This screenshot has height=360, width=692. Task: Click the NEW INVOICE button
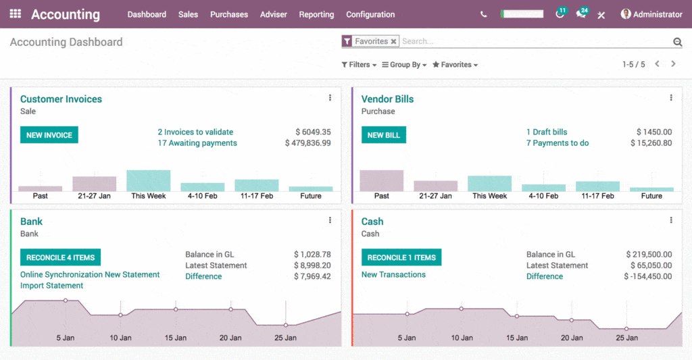click(49, 135)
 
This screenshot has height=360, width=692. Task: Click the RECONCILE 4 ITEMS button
click(60, 257)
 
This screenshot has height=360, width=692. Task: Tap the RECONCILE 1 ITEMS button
click(401, 257)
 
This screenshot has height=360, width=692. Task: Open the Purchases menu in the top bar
click(228, 14)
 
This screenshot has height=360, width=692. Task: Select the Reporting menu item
click(316, 14)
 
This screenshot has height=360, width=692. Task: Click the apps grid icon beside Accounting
click(15, 14)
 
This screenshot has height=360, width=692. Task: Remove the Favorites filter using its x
click(393, 42)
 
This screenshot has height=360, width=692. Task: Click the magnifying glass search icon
click(677, 42)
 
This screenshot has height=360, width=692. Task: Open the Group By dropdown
click(404, 65)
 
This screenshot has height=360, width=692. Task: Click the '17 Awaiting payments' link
click(197, 143)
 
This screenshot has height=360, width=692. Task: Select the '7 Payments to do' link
click(558, 143)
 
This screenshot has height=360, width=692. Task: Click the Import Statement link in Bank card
click(52, 286)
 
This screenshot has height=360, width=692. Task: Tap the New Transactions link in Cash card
click(393, 275)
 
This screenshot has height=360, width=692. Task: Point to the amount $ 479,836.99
click(307, 143)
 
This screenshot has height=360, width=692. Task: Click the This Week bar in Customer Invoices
click(148, 181)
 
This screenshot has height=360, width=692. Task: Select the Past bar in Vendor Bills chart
click(381, 180)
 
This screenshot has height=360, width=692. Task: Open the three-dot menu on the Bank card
click(330, 220)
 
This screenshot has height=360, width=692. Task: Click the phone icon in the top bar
click(483, 14)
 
